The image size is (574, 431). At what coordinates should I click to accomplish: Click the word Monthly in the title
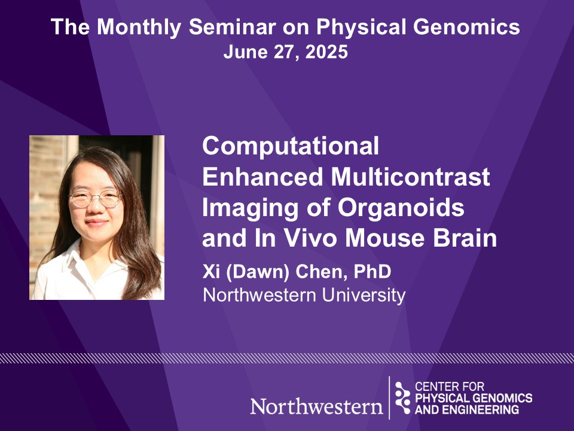[139, 28]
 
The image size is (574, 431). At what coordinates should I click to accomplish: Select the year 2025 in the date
[326, 51]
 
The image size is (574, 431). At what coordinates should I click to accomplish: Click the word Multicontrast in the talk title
[410, 177]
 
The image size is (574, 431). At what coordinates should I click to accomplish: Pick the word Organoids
[401, 208]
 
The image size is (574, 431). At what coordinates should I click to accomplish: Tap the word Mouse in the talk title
[384, 238]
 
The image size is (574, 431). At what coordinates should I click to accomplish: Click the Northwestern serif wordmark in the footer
[317, 406]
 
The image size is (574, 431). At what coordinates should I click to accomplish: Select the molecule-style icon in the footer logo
[402, 397]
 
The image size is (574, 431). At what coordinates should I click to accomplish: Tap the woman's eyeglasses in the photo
[96, 199]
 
